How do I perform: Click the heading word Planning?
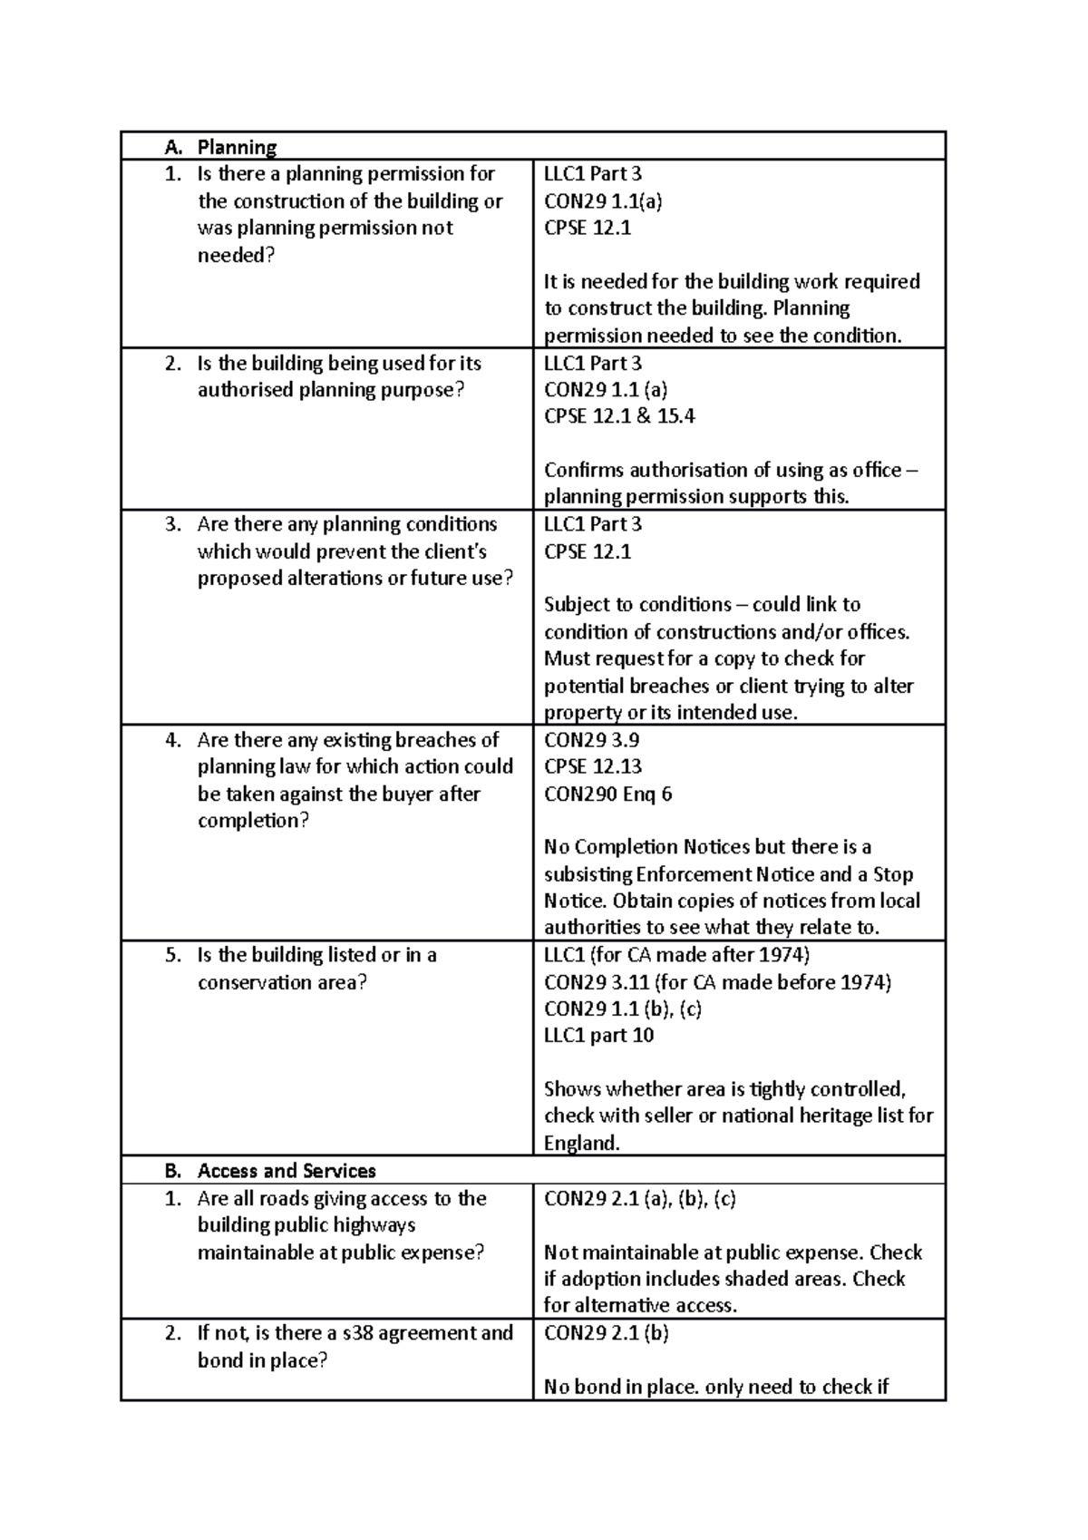237,147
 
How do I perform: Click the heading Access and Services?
287,1171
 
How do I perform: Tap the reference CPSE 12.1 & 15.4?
619,416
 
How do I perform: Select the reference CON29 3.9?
591,740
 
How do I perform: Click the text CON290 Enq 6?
607,794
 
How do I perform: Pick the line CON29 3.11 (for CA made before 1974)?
717,982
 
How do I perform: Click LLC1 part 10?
598,1036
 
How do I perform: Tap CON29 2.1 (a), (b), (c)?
639,1199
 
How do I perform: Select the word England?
581,1144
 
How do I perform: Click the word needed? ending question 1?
236,256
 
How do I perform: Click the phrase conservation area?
282,982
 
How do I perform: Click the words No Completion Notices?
646,847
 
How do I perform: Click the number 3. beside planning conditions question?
173,524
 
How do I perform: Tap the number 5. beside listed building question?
173,955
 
